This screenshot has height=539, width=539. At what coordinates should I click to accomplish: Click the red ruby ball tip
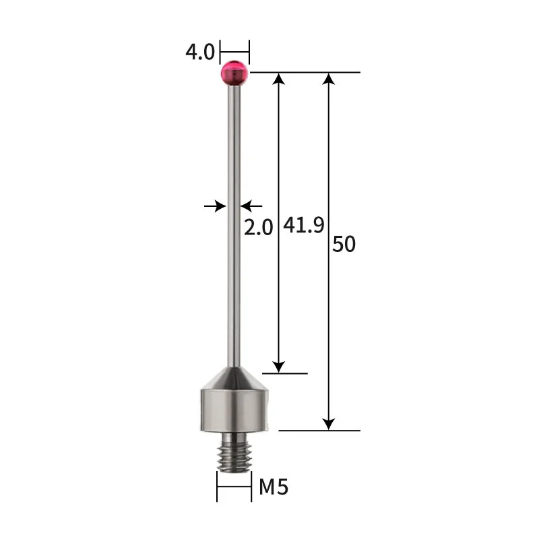[x=234, y=73]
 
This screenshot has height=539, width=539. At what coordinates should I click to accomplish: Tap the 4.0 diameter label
[x=199, y=52]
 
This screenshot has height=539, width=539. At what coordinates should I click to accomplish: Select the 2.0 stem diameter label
[x=258, y=227]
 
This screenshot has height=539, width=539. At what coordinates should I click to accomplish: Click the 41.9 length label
[x=303, y=225]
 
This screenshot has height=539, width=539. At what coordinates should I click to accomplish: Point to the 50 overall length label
[x=344, y=244]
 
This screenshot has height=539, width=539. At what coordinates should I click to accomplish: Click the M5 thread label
[x=274, y=486]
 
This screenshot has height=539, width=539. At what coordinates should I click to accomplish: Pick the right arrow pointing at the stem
[x=251, y=205]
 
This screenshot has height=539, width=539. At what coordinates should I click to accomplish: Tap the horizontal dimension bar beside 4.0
[x=234, y=51]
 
